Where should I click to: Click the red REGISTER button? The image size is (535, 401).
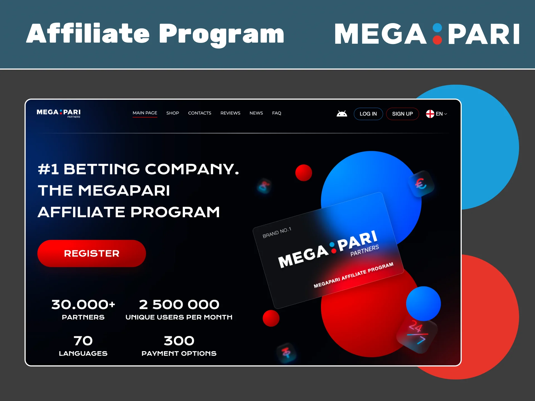[91, 253]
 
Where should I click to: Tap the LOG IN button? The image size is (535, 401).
[368, 114]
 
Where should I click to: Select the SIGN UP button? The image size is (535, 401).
[402, 114]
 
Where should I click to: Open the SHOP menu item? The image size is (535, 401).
[172, 113]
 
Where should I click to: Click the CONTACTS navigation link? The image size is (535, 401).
[200, 113]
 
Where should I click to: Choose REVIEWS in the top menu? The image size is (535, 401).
[230, 113]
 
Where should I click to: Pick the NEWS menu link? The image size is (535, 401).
[256, 113]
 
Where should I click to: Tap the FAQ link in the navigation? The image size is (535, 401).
[276, 113]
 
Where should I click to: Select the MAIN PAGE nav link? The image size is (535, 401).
[145, 113]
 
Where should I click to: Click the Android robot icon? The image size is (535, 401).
[342, 114]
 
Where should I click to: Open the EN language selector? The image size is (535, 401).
[437, 114]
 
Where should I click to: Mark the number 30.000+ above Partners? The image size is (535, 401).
[83, 304]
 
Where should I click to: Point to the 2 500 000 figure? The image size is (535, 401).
[179, 304]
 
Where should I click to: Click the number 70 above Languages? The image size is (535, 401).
[83, 341]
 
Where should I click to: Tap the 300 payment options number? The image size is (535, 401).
[179, 341]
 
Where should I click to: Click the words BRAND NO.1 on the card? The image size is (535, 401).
[277, 233]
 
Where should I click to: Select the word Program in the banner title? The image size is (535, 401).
[221, 34]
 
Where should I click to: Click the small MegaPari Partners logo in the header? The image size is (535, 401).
[59, 113]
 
